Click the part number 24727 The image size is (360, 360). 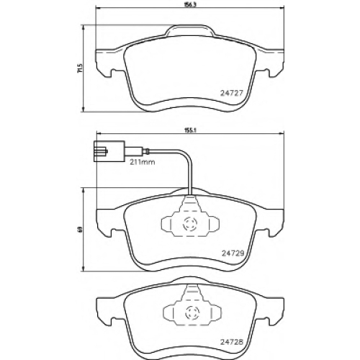pos(232,93)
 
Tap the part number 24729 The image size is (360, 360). pos(233,253)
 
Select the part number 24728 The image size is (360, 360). pos(232,342)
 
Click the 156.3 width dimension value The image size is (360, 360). pos(190,5)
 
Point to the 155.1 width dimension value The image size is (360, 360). pos(190,131)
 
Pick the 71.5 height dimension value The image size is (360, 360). pos(81,68)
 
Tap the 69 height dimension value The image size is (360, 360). pos(81,230)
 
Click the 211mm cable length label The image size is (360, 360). pos(143,162)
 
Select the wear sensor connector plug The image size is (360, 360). pos(109,151)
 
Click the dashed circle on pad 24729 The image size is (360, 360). pos(189,224)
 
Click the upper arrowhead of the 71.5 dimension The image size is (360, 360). pos(84,28)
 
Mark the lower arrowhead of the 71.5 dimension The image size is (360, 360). pos(84,109)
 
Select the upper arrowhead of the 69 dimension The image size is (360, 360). pos(84,191)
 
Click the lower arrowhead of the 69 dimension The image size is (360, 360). pos(84,269)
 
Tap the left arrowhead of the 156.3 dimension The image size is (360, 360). pos(99,9)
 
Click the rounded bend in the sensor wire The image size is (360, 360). pos(186,154)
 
